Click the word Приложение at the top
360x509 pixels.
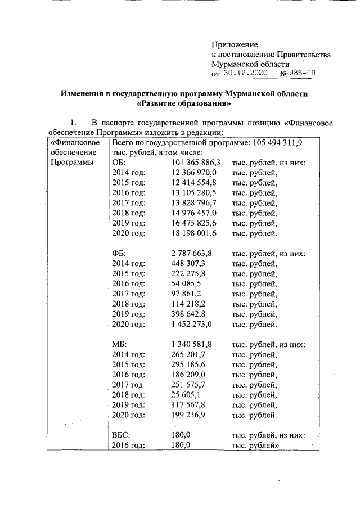pyautogui.click(x=235, y=44)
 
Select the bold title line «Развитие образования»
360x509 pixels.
pyautogui.click(x=184, y=103)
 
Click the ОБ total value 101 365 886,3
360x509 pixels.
pyautogui.click(x=195, y=163)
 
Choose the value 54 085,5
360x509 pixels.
pyautogui.click(x=186, y=284)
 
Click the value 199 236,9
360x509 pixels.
pyautogui.click(x=188, y=416)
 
